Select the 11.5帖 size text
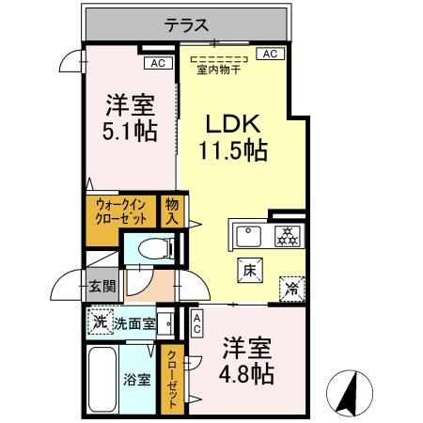[x=233, y=149]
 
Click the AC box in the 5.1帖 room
[x=157, y=63]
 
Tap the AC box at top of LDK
[x=269, y=55]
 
